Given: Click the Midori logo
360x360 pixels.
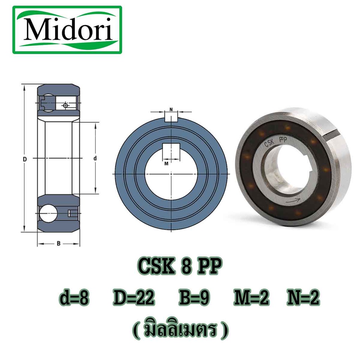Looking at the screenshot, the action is coord(67,30).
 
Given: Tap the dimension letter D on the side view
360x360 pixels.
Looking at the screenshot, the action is coord(25,159).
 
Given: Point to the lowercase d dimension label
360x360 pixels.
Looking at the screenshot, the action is coord(95,158).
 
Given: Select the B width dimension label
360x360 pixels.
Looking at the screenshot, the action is coord(59,243).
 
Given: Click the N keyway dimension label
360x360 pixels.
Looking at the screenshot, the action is coord(171,110).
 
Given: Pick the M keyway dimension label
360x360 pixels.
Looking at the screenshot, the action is coord(166,164).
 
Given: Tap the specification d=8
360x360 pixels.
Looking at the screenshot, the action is coord(74,298).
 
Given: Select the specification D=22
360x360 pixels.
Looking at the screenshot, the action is coord(134,298).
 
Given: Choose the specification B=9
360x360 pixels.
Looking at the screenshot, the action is coord(194,298).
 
